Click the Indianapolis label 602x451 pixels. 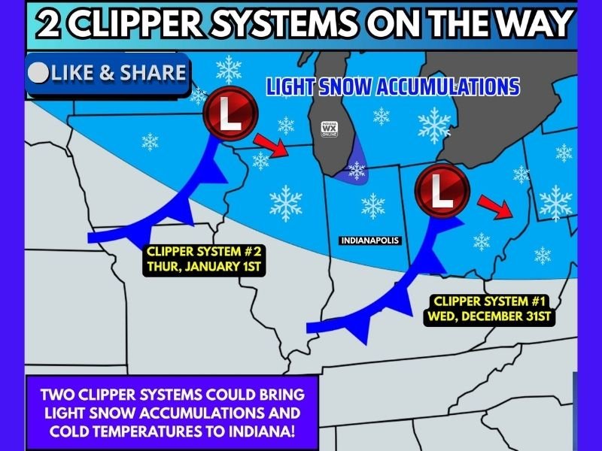point(369,241)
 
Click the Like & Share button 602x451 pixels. point(108,73)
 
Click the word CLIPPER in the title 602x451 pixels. point(138,25)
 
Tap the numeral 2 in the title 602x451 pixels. point(50,25)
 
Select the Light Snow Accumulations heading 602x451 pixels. point(393,87)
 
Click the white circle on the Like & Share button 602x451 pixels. point(38,73)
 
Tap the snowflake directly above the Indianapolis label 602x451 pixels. point(372,204)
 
